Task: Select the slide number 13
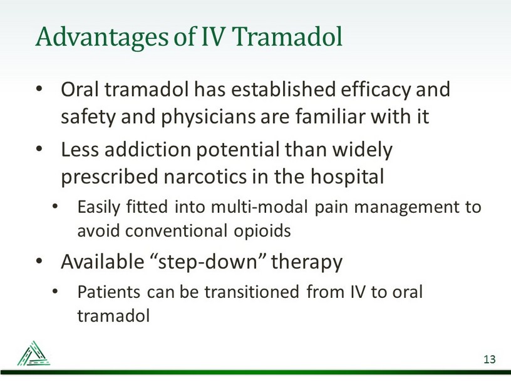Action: pos(490,359)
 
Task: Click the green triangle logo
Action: pos(34,354)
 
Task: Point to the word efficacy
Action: pos(376,90)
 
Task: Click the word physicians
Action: pos(209,117)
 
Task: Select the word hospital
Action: pos(348,178)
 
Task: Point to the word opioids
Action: pos(262,231)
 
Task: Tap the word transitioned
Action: pos(252,292)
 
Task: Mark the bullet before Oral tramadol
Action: pos(39,89)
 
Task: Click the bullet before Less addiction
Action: pos(39,149)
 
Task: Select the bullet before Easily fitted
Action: pos(55,206)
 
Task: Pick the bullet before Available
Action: pos(39,261)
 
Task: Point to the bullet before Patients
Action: pos(55,291)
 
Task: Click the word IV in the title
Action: pos(213,36)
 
